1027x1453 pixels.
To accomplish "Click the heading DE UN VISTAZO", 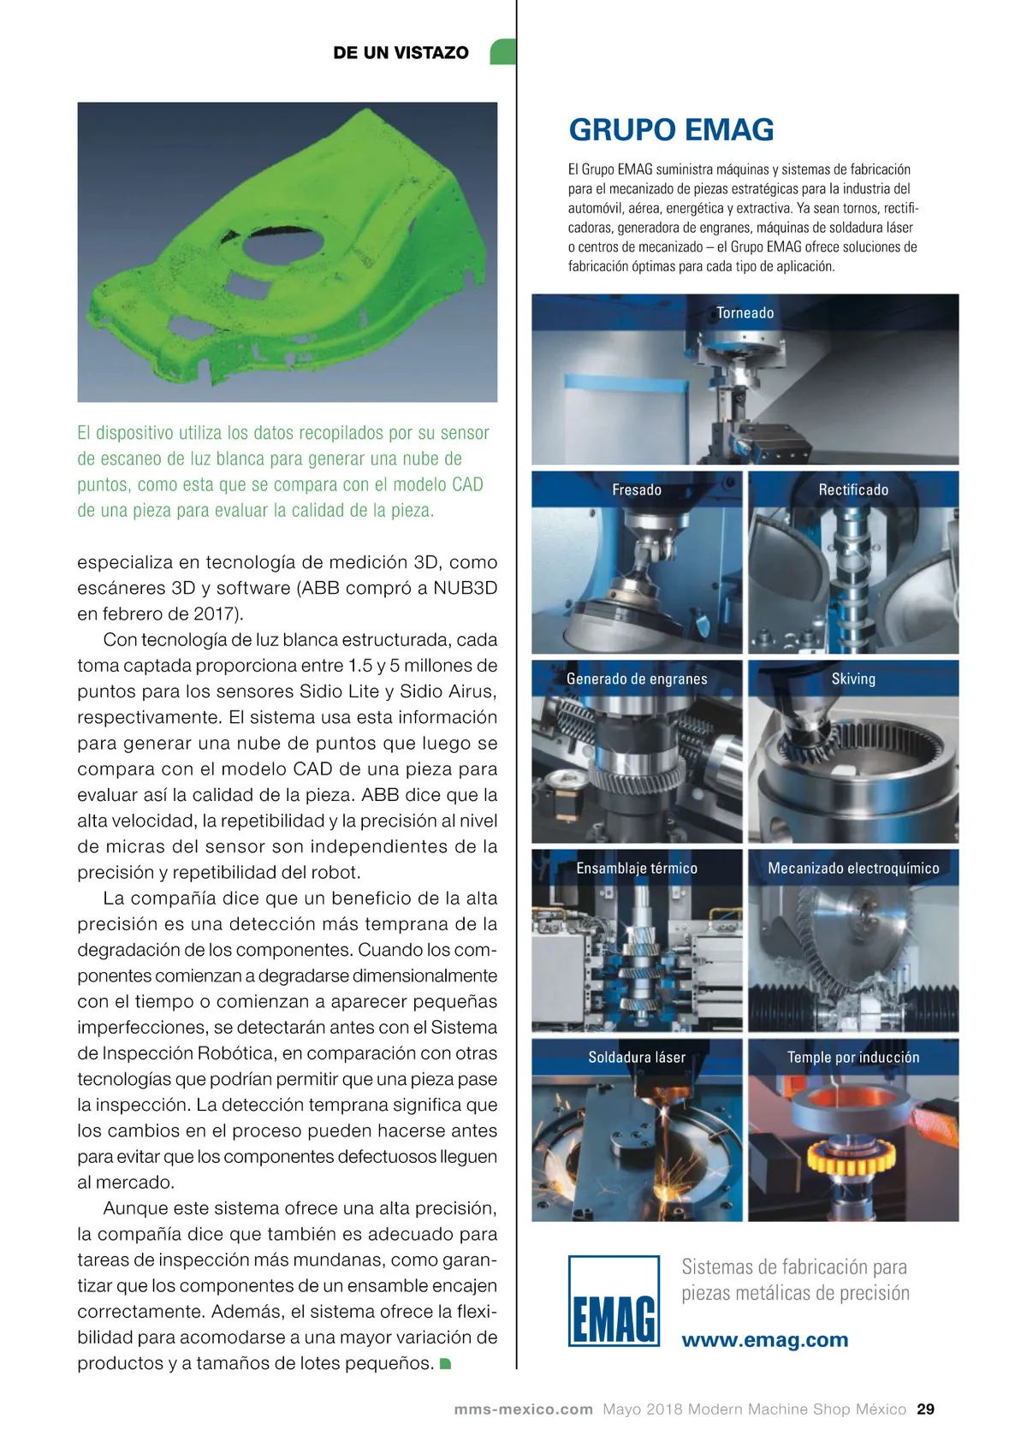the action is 401,52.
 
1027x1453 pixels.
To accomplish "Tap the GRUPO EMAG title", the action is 671,130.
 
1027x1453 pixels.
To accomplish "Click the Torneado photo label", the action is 745,312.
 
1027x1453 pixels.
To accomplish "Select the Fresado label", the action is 637,489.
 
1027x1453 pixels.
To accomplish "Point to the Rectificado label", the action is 853,489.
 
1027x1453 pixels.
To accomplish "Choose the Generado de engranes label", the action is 637,679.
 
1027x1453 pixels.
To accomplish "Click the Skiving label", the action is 853,679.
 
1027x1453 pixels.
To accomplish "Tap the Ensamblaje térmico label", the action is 637,868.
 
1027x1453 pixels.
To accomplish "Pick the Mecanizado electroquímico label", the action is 853,868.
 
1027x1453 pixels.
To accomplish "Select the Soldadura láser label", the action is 637,1058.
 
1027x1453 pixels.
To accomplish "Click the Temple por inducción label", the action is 853,1058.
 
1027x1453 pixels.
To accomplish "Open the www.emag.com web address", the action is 765,1339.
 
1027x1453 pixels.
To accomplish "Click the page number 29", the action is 925,1409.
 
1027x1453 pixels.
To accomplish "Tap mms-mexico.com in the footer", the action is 523,1409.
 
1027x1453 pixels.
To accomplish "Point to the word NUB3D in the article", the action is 466,588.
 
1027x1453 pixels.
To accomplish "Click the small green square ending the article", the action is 445,1363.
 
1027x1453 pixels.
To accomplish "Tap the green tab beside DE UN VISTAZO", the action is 502,51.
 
